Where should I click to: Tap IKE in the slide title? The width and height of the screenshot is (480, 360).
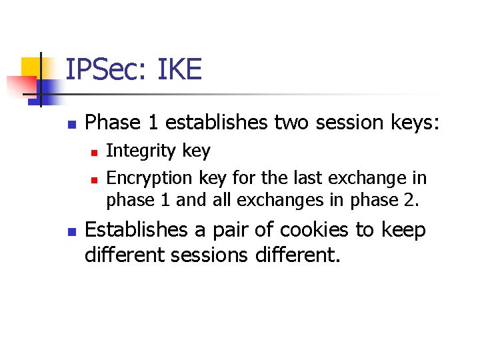coord(179,69)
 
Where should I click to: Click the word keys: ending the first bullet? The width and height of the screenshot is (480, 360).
coord(414,123)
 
